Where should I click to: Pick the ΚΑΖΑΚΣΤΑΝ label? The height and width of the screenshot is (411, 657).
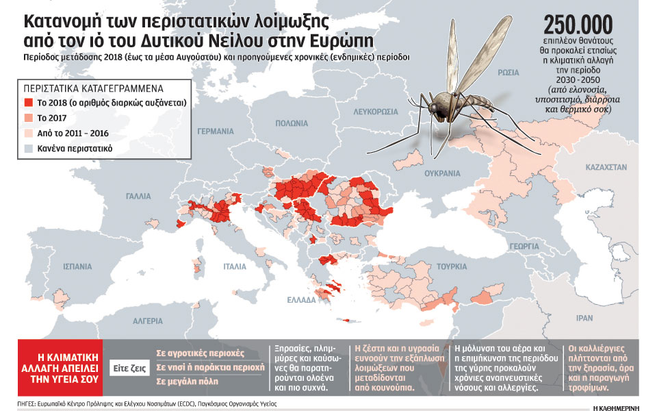click(x=605, y=166)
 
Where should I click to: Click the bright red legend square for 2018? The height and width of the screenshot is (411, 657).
click(x=30, y=102)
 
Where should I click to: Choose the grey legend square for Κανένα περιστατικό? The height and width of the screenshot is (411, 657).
click(x=30, y=147)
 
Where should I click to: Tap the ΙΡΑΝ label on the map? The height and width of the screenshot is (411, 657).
click(x=584, y=318)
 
